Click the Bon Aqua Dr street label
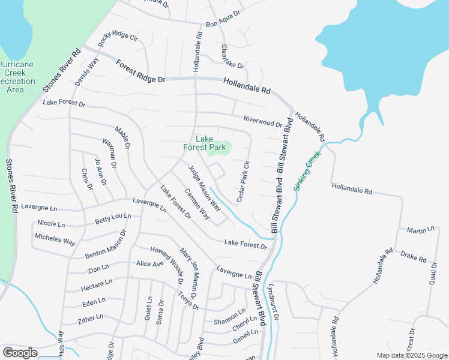tap(223, 19)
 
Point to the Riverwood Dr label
tap(262, 121)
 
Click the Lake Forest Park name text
tap(204, 142)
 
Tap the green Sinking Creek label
tap(307, 171)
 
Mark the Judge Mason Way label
tap(205, 188)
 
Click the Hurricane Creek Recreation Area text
tap(16, 77)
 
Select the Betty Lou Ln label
tap(113, 218)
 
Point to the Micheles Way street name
tap(55, 239)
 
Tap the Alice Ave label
tap(149, 263)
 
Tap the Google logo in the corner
tap(20, 352)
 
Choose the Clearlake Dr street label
tap(232, 56)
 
